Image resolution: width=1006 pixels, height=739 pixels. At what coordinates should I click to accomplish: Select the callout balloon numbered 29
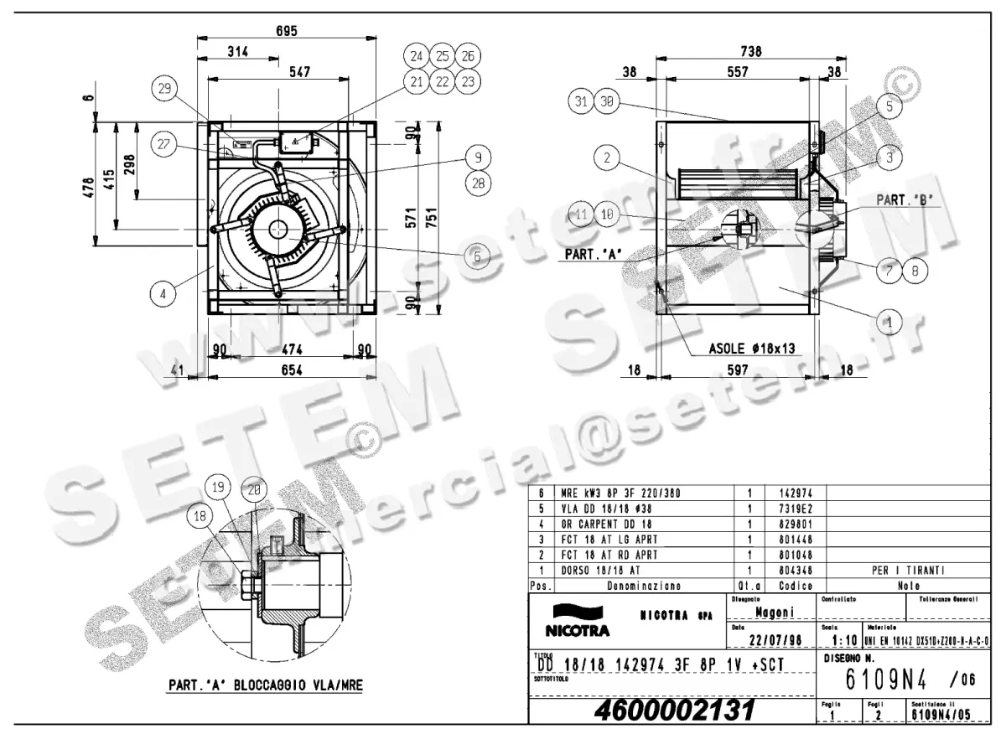164,89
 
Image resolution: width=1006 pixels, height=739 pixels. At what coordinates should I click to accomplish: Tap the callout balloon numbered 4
164,293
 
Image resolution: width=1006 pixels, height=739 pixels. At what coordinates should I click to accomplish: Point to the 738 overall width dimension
752,52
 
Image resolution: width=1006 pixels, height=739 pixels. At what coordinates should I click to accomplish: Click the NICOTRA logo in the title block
578,619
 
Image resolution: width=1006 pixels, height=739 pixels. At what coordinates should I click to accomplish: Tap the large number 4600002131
674,711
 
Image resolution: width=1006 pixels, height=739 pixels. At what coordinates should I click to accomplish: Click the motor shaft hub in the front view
277,230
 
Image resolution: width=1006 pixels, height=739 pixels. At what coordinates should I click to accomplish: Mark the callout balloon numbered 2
609,157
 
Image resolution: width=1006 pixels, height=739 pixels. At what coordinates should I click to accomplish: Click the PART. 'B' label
904,201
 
